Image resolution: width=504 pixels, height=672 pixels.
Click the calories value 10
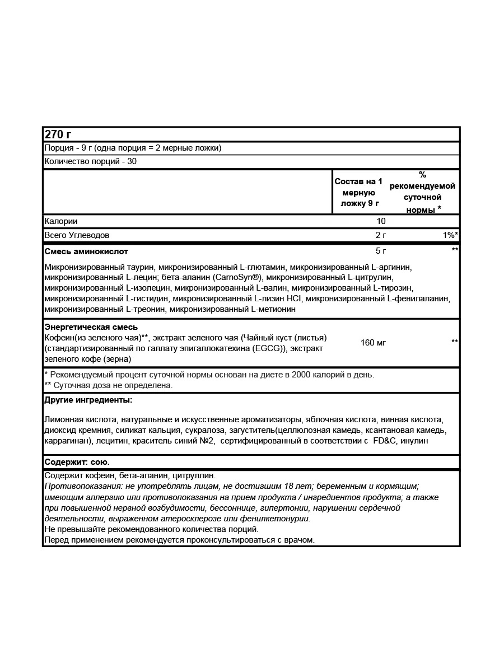[381, 222]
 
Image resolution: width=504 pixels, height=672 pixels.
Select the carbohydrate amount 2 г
[381, 235]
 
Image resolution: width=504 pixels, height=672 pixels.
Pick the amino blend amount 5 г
[381, 250]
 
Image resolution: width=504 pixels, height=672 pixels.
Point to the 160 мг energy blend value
[373, 342]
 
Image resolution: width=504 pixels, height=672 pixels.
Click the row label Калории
[60, 222]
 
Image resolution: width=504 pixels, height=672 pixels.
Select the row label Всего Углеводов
[77, 235]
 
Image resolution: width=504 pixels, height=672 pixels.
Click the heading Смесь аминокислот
[86, 251]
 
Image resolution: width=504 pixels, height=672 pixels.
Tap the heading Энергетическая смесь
[91, 327]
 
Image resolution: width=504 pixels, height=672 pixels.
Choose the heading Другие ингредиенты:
[88, 400]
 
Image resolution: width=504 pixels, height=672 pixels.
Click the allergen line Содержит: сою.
[77, 462]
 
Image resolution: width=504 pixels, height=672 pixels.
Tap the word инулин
[414, 441]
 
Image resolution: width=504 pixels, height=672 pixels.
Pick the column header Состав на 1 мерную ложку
[359, 192]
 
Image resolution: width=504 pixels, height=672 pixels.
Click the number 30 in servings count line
[132, 161]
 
